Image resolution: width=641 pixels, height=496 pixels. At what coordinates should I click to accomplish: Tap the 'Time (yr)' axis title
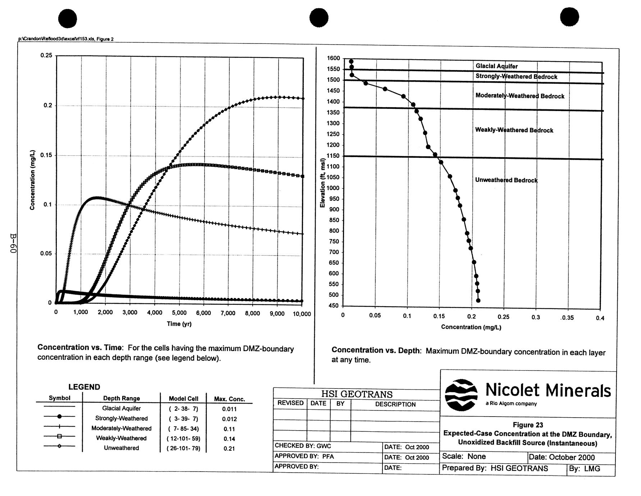point(179,324)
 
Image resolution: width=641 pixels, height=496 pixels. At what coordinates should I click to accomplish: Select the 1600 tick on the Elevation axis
point(333,58)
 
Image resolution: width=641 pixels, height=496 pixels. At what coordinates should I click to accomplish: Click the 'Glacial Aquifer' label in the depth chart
point(496,66)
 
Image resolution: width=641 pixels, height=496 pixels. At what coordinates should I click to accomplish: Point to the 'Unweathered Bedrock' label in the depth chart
point(506,180)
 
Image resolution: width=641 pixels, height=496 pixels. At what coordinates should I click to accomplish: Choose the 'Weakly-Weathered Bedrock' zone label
point(514,130)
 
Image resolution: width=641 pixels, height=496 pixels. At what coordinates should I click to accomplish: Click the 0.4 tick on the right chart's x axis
point(600,318)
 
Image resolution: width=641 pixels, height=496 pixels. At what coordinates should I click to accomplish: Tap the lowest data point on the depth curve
point(478,300)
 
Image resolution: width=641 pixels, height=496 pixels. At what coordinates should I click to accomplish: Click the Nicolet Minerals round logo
point(461,395)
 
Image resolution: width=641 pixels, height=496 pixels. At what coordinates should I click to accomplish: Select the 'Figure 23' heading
point(528,425)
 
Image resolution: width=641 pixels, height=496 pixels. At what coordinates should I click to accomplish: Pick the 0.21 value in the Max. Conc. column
point(229,449)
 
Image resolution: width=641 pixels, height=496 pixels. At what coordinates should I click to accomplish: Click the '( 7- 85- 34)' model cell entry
point(183,429)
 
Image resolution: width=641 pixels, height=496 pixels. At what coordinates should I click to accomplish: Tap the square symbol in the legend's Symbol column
point(60,436)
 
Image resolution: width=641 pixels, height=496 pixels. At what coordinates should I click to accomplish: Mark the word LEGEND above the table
point(84,387)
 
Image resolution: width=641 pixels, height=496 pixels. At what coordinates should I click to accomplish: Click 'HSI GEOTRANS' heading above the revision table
point(357,394)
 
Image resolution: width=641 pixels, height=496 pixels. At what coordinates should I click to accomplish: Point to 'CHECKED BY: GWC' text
point(303,446)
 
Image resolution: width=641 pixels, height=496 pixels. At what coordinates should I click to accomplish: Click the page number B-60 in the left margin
point(13,243)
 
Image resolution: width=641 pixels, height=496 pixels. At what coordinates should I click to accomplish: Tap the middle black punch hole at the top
point(319,18)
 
